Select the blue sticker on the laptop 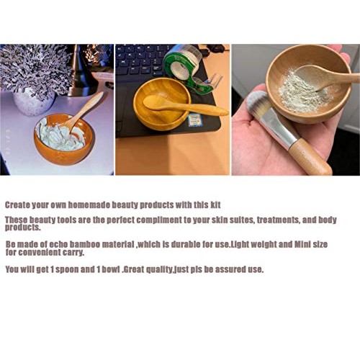pos(195,120)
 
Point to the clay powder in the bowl pos(302,90)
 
